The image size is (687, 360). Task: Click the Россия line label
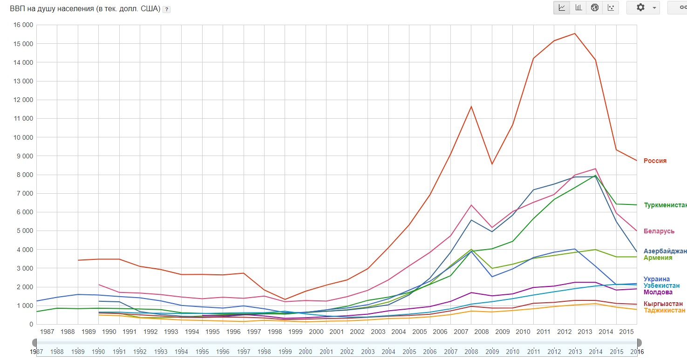655,161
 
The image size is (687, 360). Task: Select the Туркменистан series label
665,205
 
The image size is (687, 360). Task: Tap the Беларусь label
659,231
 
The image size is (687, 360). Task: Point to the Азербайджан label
665,251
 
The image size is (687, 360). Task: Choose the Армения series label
658,258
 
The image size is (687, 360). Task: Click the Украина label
657,279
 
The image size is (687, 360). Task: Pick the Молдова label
658,292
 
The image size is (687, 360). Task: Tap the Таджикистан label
664,310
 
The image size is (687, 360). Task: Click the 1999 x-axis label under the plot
295,332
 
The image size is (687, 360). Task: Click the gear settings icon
640,7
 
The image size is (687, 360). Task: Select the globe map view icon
594,7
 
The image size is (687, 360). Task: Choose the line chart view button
562,7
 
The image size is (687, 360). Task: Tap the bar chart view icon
578,7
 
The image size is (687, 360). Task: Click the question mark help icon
166,9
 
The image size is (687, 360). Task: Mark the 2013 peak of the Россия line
575,34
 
